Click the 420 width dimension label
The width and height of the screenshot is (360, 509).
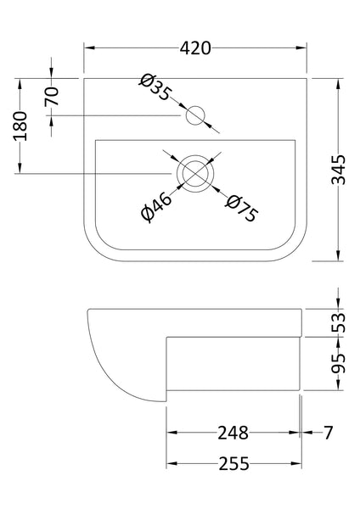tap(196, 48)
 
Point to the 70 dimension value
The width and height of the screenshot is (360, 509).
tap(53, 97)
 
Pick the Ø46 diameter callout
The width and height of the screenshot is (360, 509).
tap(158, 208)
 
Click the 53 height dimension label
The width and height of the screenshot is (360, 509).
tap(338, 322)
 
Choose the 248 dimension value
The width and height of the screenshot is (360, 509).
tap(232, 433)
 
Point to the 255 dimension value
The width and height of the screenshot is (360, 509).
tap(233, 464)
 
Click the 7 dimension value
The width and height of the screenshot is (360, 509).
tap(328, 433)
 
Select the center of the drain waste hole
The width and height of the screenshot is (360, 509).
tap(196, 173)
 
